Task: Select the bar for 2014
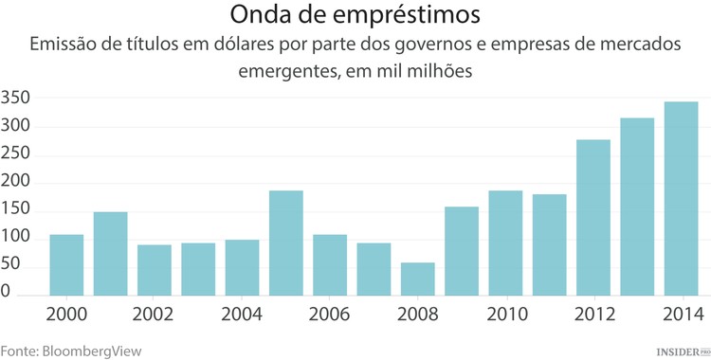pos(681,198)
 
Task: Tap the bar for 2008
pos(417,279)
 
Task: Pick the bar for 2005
pos(285,243)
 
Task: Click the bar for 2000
pos(66,264)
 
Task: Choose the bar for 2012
pos(593,217)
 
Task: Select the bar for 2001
pos(110,253)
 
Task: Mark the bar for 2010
pos(505,243)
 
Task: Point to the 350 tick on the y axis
pos(18,98)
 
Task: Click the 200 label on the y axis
pos(18,182)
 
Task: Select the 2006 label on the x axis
pos(329,314)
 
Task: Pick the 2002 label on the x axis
pos(154,314)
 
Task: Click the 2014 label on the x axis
pos(681,314)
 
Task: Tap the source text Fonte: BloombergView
pos(71,350)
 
